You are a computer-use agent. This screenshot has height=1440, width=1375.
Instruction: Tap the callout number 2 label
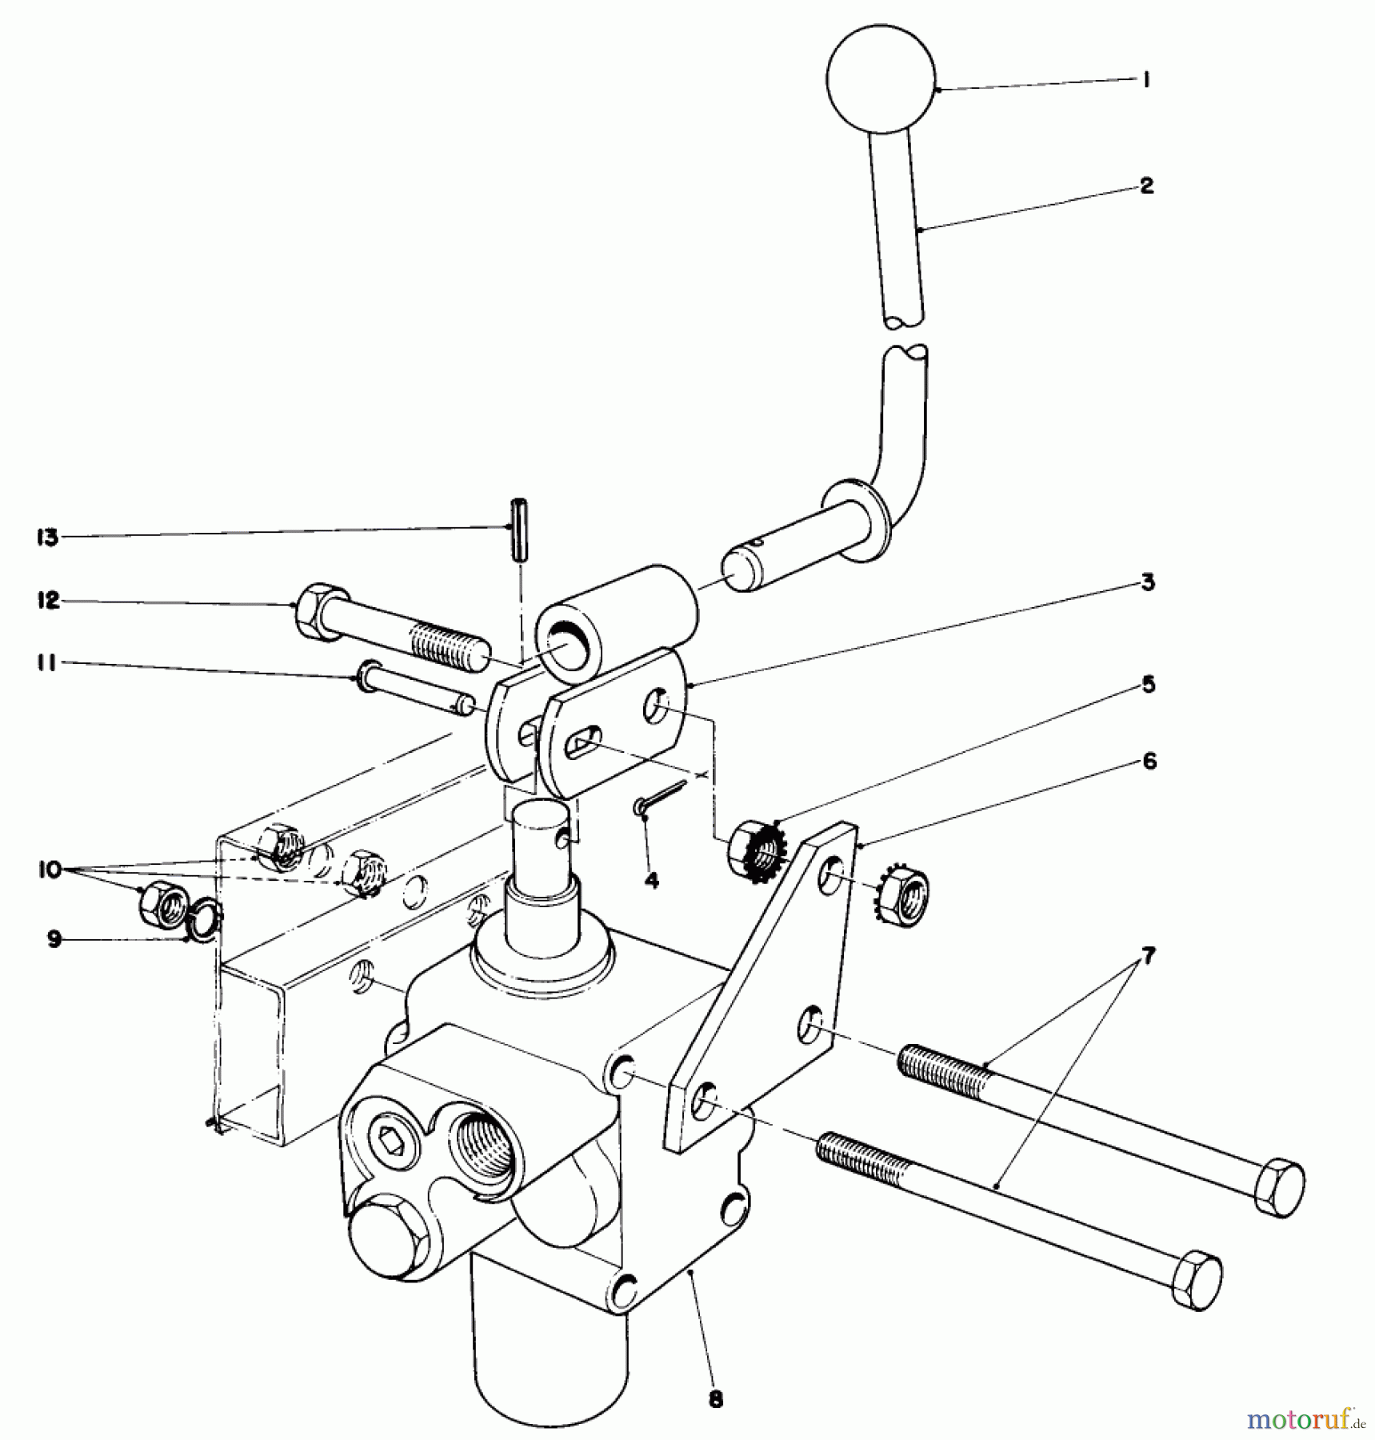[x=1146, y=186]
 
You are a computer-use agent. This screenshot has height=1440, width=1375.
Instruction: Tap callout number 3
[x=1148, y=582]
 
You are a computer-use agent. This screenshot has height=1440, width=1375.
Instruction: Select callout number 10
[x=50, y=870]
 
